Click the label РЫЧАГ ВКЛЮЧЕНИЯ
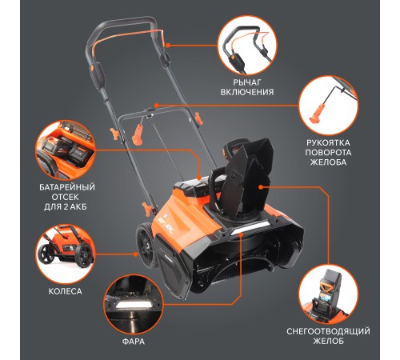coord(247,87)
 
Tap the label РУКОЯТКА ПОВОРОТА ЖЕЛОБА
coord(328,152)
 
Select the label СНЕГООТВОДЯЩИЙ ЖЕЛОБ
coord(328,336)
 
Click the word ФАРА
coord(134,342)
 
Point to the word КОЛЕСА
coord(65,291)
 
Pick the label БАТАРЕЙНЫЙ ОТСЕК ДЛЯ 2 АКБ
coord(67,197)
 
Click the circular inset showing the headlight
coord(134,305)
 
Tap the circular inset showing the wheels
coord(66,254)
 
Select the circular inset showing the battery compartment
coord(66,150)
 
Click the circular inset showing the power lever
coord(247,45)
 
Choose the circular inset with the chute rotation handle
coord(328,106)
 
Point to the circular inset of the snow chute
coord(328,294)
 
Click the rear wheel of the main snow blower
coord(146,246)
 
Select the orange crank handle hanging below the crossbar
coord(138,134)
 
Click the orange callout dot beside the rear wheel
coord(136,254)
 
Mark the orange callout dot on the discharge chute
coord(261,187)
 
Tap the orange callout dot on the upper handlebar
coord(167,46)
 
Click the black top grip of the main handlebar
coord(122,22)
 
